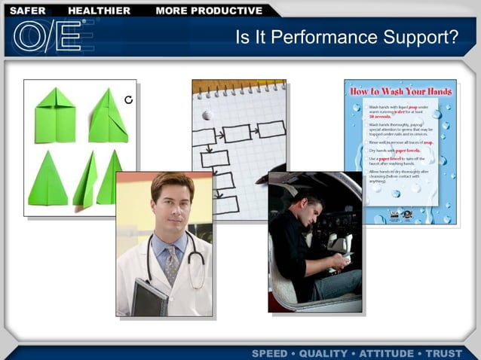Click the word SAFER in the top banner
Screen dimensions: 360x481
tap(28, 11)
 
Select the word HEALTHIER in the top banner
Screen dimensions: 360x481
tap(99, 11)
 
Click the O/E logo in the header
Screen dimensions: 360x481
tap(47, 35)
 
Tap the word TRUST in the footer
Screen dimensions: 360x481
tap(445, 353)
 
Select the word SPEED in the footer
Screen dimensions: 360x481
tap(270, 353)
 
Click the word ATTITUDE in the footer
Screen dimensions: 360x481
tap(387, 353)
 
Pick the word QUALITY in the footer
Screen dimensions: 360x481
tap(325, 353)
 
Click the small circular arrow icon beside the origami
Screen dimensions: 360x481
tap(128, 99)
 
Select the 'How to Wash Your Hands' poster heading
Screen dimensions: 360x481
tap(400, 91)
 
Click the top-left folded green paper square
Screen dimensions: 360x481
tap(55, 115)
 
